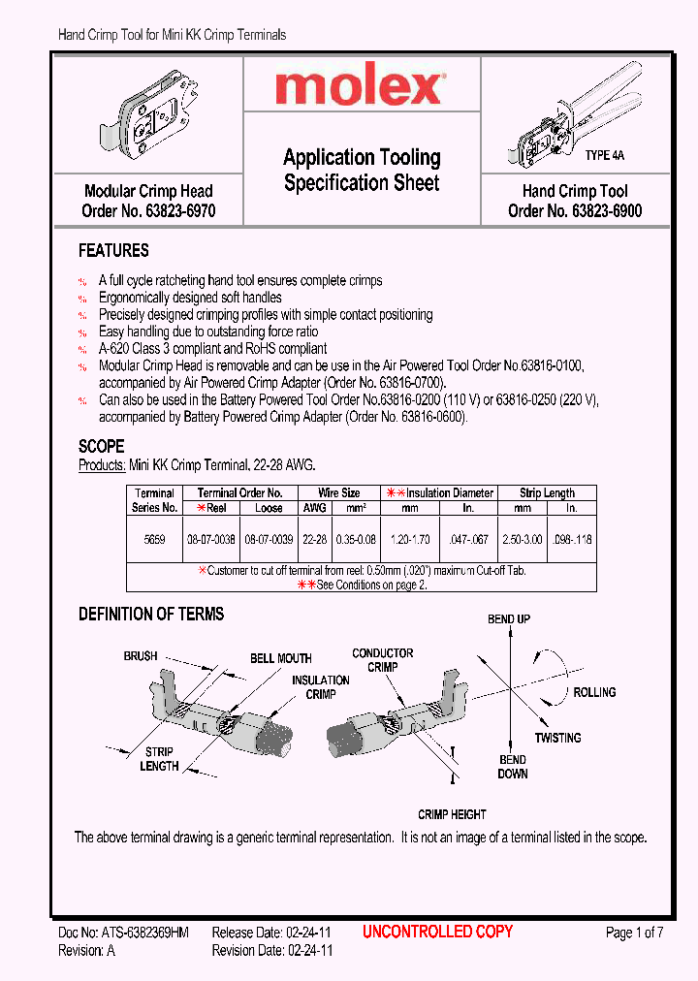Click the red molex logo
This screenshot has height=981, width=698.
(x=359, y=88)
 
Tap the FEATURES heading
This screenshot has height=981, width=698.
(x=113, y=251)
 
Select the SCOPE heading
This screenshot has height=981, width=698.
(x=101, y=447)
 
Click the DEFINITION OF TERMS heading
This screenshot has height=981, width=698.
(x=150, y=614)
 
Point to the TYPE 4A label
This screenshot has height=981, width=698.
(x=604, y=155)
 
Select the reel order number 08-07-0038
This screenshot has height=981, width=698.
(x=210, y=536)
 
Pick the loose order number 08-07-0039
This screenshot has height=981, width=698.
(x=269, y=536)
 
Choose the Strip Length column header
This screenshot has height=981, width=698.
(x=547, y=493)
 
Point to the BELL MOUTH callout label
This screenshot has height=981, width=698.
(x=281, y=658)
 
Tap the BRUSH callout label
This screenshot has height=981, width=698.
(x=141, y=656)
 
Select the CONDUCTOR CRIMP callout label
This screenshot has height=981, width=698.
(x=383, y=660)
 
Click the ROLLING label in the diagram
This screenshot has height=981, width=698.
(x=594, y=692)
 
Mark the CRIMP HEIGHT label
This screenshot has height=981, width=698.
(x=452, y=814)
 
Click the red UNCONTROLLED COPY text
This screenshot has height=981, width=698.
(x=437, y=932)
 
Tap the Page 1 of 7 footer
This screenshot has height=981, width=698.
(x=634, y=933)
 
